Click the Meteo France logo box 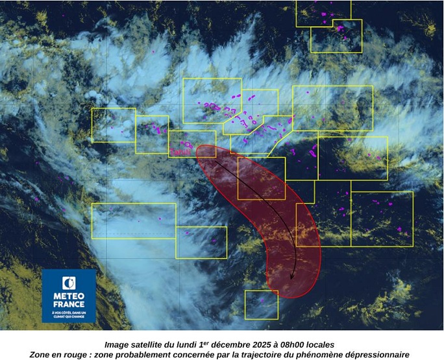pos(69,296)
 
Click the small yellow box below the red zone pos(261,304)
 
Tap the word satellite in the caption pos(152,344)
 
